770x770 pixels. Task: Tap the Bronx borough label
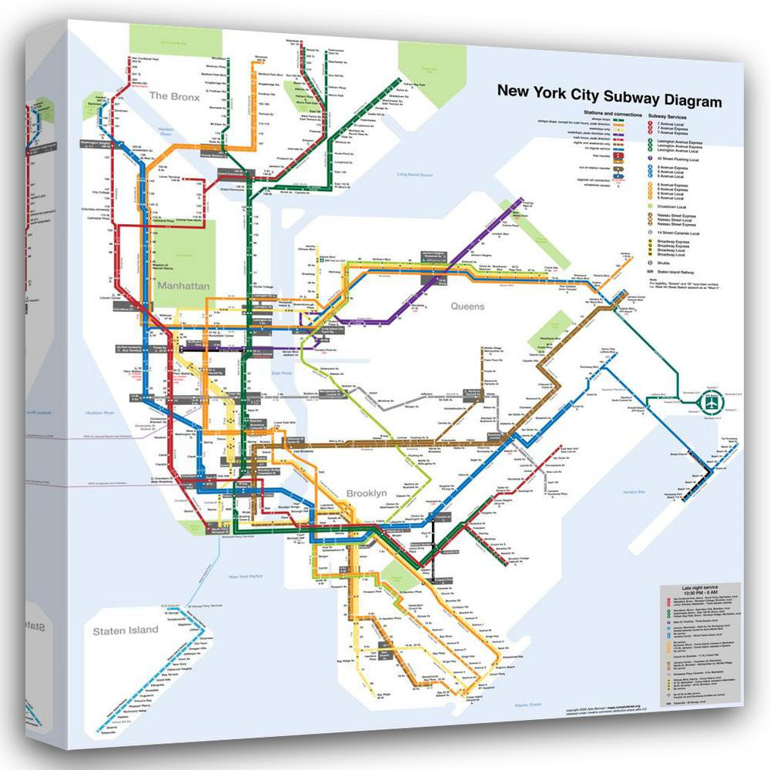(174, 97)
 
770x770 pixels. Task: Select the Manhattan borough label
(183, 286)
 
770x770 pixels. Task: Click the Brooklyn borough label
(366, 493)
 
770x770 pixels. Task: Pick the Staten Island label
(126, 630)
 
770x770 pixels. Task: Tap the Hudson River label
(99, 413)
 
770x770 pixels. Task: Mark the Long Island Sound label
(414, 175)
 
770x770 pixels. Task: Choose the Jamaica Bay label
(636, 490)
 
